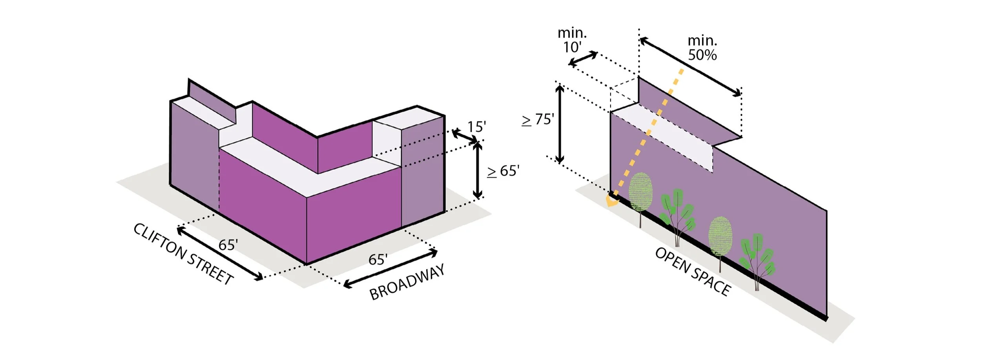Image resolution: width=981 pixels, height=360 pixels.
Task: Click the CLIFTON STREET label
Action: pyautogui.click(x=183, y=254)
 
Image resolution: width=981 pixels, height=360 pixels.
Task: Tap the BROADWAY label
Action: pyautogui.click(x=407, y=282)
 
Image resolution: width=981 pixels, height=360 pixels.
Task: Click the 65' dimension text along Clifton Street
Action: pyautogui.click(x=228, y=245)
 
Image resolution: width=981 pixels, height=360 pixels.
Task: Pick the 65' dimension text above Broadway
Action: pyautogui.click(x=378, y=259)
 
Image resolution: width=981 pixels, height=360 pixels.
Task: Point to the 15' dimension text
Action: pyautogui.click(x=476, y=127)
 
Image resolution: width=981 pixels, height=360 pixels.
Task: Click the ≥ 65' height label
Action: pyautogui.click(x=503, y=171)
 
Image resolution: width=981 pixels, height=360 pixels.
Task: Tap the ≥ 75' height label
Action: pyautogui.click(x=538, y=119)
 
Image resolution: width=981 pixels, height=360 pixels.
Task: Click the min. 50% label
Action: pyautogui.click(x=702, y=48)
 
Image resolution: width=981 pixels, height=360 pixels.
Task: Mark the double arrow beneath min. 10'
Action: pyautogui.click(x=583, y=59)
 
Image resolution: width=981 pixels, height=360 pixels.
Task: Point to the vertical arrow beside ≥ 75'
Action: pyautogui.click(x=560, y=124)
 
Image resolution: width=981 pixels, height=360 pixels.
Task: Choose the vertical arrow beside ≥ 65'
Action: pyautogui.click(x=477, y=170)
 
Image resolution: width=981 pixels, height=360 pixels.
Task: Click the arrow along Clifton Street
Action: pyautogui.click(x=220, y=254)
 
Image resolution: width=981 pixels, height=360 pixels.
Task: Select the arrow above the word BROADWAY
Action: pyautogui.click(x=390, y=269)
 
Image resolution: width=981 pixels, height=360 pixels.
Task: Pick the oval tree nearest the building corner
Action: pyautogui.click(x=640, y=192)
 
